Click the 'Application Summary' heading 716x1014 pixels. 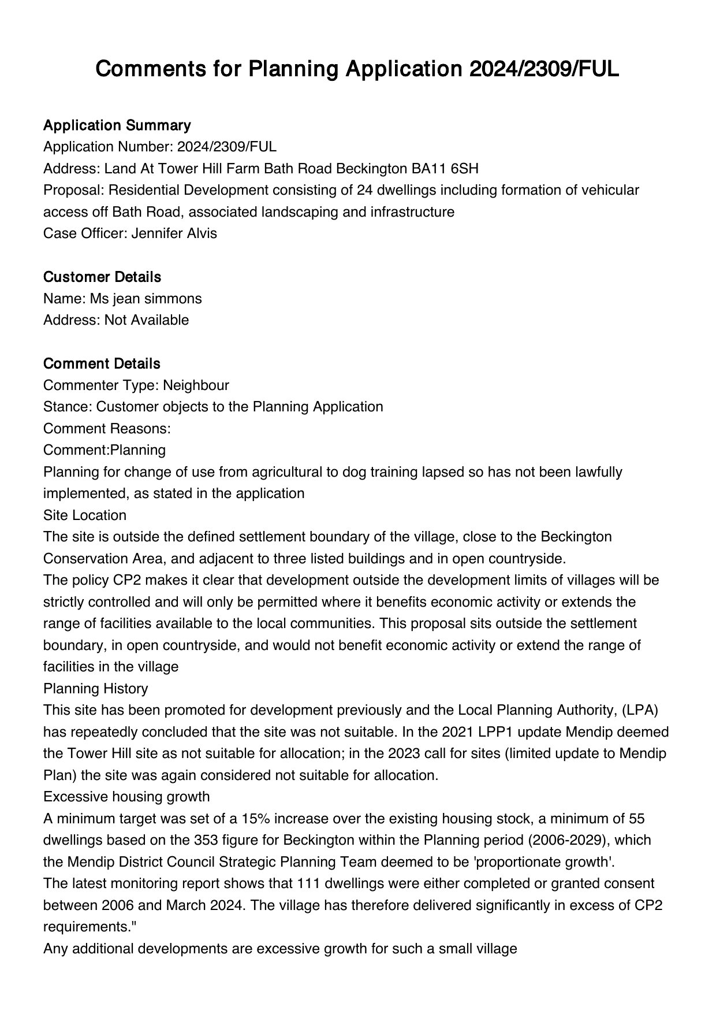tap(117, 125)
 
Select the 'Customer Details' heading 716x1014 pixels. tap(102, 277)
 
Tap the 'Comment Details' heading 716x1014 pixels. tap(102, 364)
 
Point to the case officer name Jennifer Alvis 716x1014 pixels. tap(174, 233)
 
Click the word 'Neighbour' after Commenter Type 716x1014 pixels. tap(196, 385)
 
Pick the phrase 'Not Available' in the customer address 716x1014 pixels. tap(146, 320)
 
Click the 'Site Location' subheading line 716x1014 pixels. tap(85, 515)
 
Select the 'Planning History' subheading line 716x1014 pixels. tap(95, 689)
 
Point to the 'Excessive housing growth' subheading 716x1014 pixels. tap(126, 797)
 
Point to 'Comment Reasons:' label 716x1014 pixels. tap(107, 429)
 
